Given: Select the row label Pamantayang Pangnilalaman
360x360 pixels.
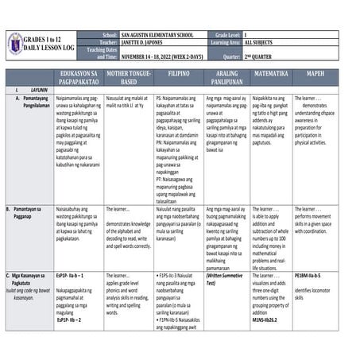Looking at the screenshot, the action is tap(37, 99).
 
